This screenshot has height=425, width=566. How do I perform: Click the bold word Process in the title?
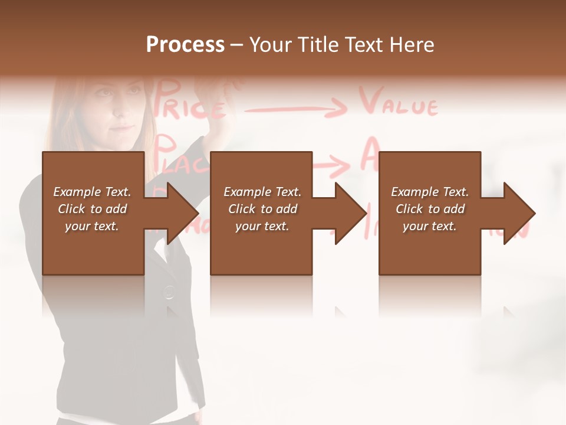[185, 45]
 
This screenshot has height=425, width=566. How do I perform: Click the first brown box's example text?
[92, 209]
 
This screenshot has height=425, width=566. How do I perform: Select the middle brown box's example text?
[262, 209]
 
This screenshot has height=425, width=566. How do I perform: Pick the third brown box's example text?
[430, 209]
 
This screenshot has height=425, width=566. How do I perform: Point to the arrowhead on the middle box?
[350, 213]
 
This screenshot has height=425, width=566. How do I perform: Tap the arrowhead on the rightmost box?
[518, 213]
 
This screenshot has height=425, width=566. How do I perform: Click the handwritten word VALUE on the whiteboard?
[399, 104]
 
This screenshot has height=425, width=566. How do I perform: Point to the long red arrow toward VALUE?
[295, 108]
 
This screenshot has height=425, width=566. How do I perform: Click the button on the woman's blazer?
[169, 291]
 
